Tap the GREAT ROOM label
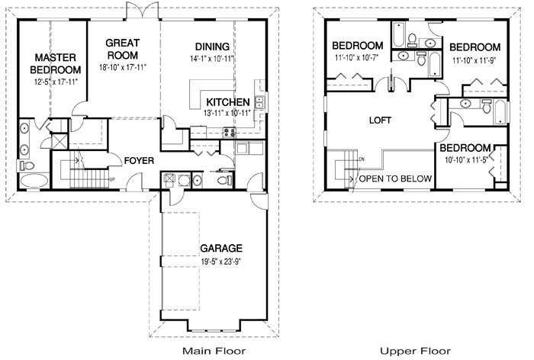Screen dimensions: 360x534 tap(121, 49)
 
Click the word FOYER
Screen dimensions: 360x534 tap(138, 161)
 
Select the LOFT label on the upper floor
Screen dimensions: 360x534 tap(380, 121)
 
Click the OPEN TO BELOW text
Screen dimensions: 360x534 tap(395, 178)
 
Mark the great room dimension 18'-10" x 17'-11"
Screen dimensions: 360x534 tap(121, 67)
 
